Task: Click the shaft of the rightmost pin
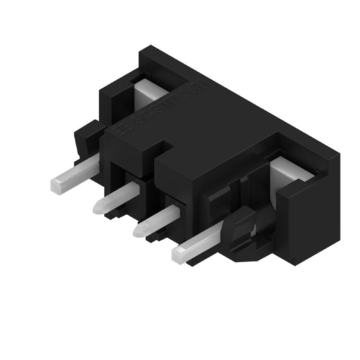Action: point(202,243)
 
